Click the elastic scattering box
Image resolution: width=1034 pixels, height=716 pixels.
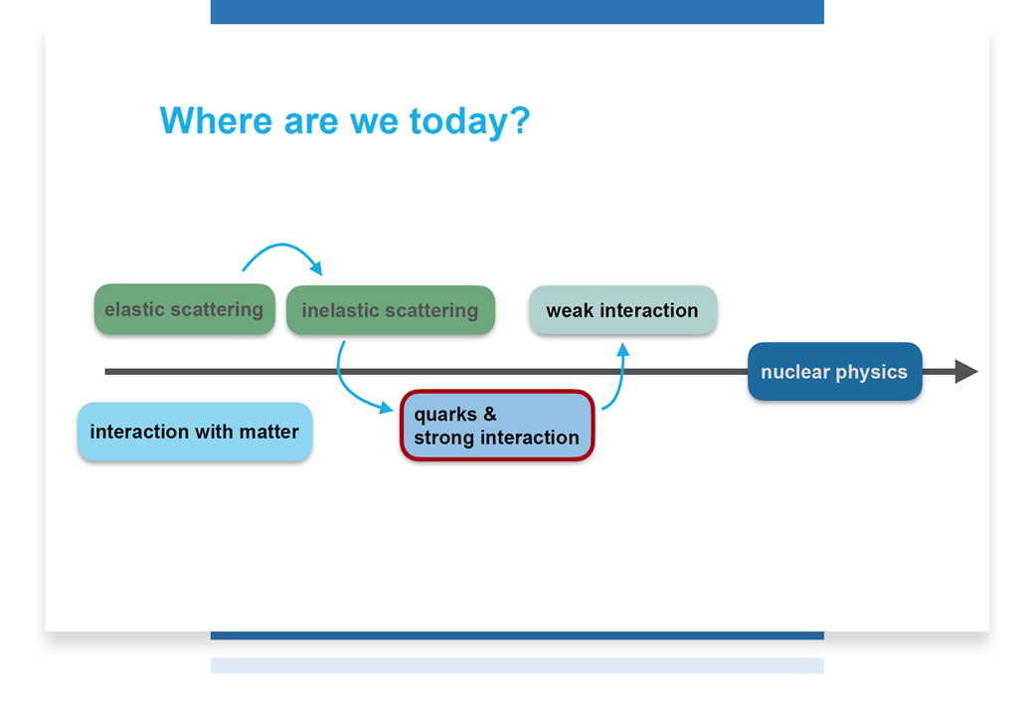click(185, 309)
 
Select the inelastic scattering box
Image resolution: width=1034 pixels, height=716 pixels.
click(391, 310)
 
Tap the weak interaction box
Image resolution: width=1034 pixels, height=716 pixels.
click(622, 310)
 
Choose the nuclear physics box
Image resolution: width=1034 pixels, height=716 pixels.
click(835, 371)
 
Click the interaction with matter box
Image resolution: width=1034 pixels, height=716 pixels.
click(195, 432)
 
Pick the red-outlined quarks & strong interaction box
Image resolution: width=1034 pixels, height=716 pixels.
click(497, 426)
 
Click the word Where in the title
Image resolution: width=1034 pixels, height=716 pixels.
click(216, 120)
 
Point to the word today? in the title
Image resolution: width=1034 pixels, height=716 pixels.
click(469, 122)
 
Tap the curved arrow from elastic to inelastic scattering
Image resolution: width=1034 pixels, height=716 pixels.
click(283, 246)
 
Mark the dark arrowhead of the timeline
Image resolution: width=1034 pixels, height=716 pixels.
click(966, 371)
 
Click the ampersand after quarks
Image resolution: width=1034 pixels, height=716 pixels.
click(490, 414)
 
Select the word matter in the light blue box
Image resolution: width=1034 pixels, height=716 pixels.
click(269, 432)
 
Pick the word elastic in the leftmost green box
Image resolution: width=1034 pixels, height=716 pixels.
click(134, 309)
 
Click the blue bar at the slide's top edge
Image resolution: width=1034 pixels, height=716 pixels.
click(517, 12)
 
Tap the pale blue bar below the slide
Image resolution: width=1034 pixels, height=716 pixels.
click(517, 665)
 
